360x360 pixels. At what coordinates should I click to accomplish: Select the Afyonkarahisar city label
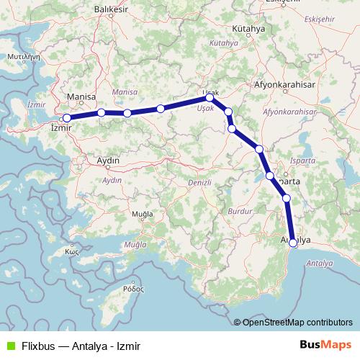(x=284, y=84)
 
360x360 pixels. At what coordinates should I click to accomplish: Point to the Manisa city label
(x=80, y=96)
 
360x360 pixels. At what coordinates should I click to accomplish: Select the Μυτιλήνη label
(x=22, y=55)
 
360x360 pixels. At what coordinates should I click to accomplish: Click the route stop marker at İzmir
(x=66, y=117)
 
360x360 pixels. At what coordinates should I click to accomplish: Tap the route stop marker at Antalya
(x=292, y=243)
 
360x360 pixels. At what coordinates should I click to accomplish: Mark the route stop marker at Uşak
(x=210, y=97)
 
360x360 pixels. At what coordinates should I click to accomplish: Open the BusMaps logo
(x=325, y=345)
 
